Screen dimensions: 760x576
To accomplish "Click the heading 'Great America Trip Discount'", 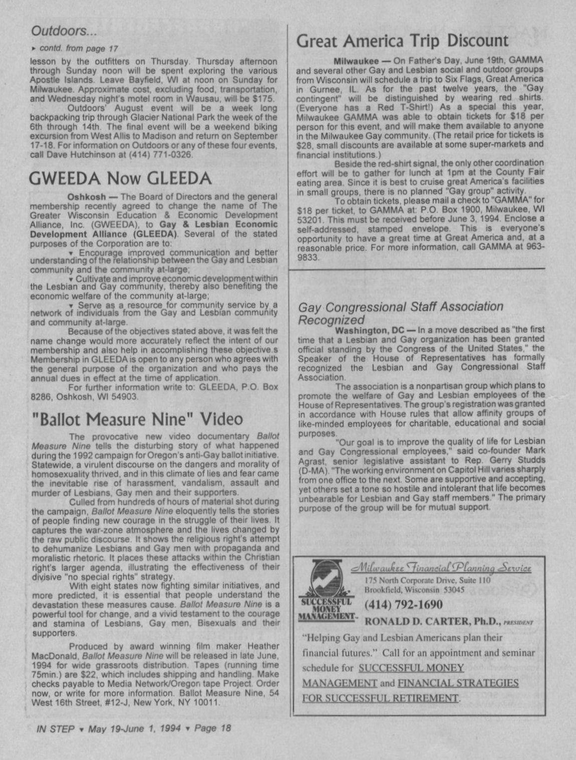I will click(x=402, y=41).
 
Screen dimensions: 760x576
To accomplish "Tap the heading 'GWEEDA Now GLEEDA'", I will click(x=120, y=178).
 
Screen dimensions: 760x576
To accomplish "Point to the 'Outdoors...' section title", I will click(x=64, y=31).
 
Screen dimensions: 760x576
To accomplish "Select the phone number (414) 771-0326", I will click(x=160, y=155).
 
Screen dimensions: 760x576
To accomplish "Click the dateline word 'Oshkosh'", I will click(x=86, y=196).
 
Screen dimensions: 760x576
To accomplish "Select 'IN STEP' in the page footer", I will click(x=56, y=728).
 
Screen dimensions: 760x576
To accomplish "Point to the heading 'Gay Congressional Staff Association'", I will click(x=401, y=307).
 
